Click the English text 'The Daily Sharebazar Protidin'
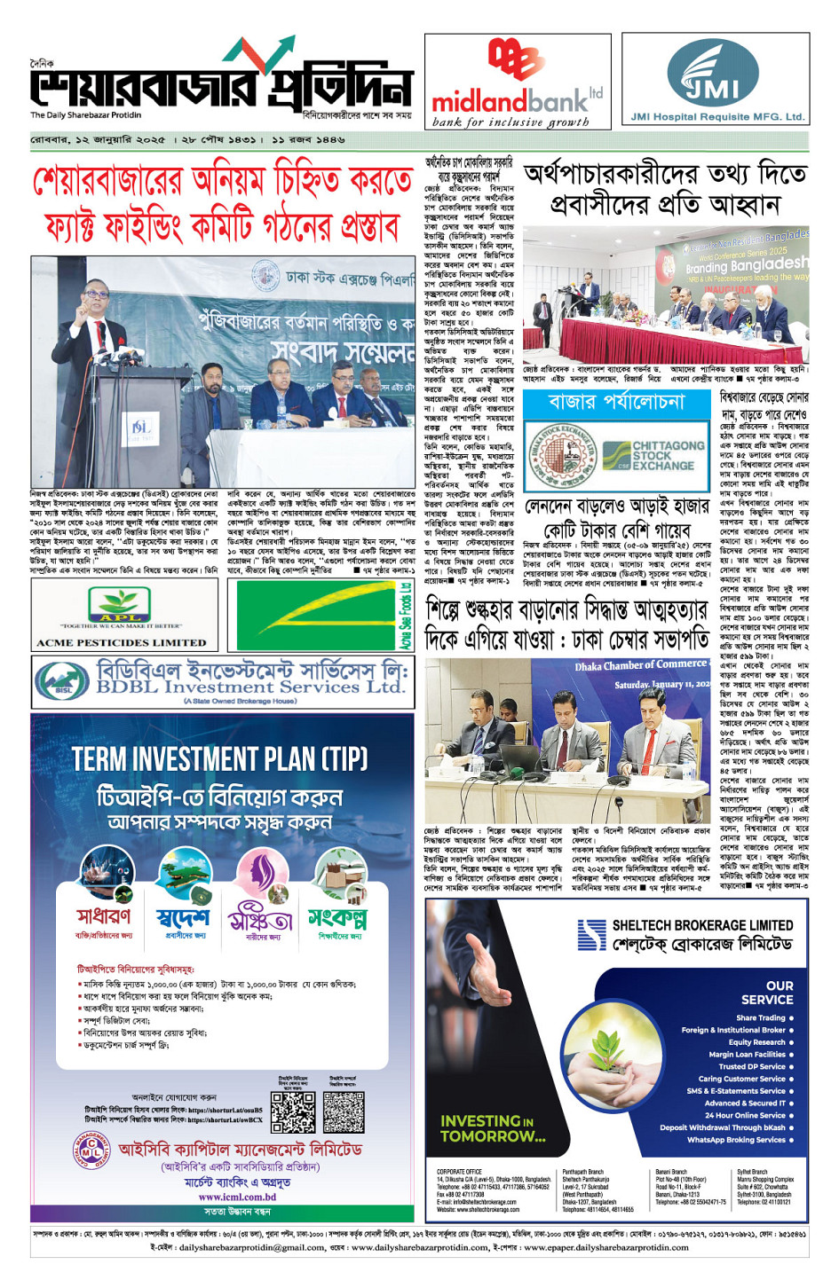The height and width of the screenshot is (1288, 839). click(85, 115)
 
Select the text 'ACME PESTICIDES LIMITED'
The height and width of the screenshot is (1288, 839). click(122, 642)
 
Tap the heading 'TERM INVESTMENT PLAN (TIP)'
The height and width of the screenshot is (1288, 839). click(219, 759)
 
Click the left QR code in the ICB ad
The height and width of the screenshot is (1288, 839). click(293, 1112)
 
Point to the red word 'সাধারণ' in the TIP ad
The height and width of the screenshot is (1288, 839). click(103, 916)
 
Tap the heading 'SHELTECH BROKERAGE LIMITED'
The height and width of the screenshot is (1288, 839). click(702, 925)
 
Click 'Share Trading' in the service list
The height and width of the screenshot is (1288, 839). click(761, 1017)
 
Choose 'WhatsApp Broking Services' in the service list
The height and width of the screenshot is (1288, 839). click(736, 1140)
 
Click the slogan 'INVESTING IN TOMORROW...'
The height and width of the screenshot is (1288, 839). click(493, 1128)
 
